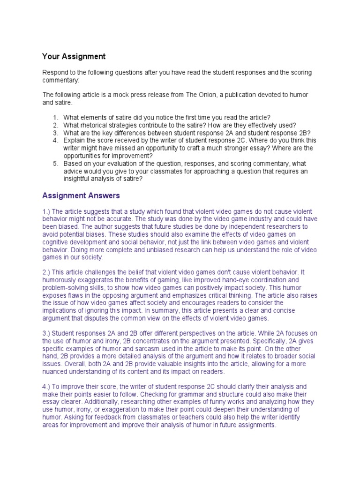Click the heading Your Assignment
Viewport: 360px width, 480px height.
(x=74, y=57)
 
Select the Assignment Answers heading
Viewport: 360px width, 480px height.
(x=81, y=195)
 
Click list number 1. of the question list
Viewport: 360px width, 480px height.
(x=55, y=118)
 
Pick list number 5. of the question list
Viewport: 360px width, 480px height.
(x=55, y=163)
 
